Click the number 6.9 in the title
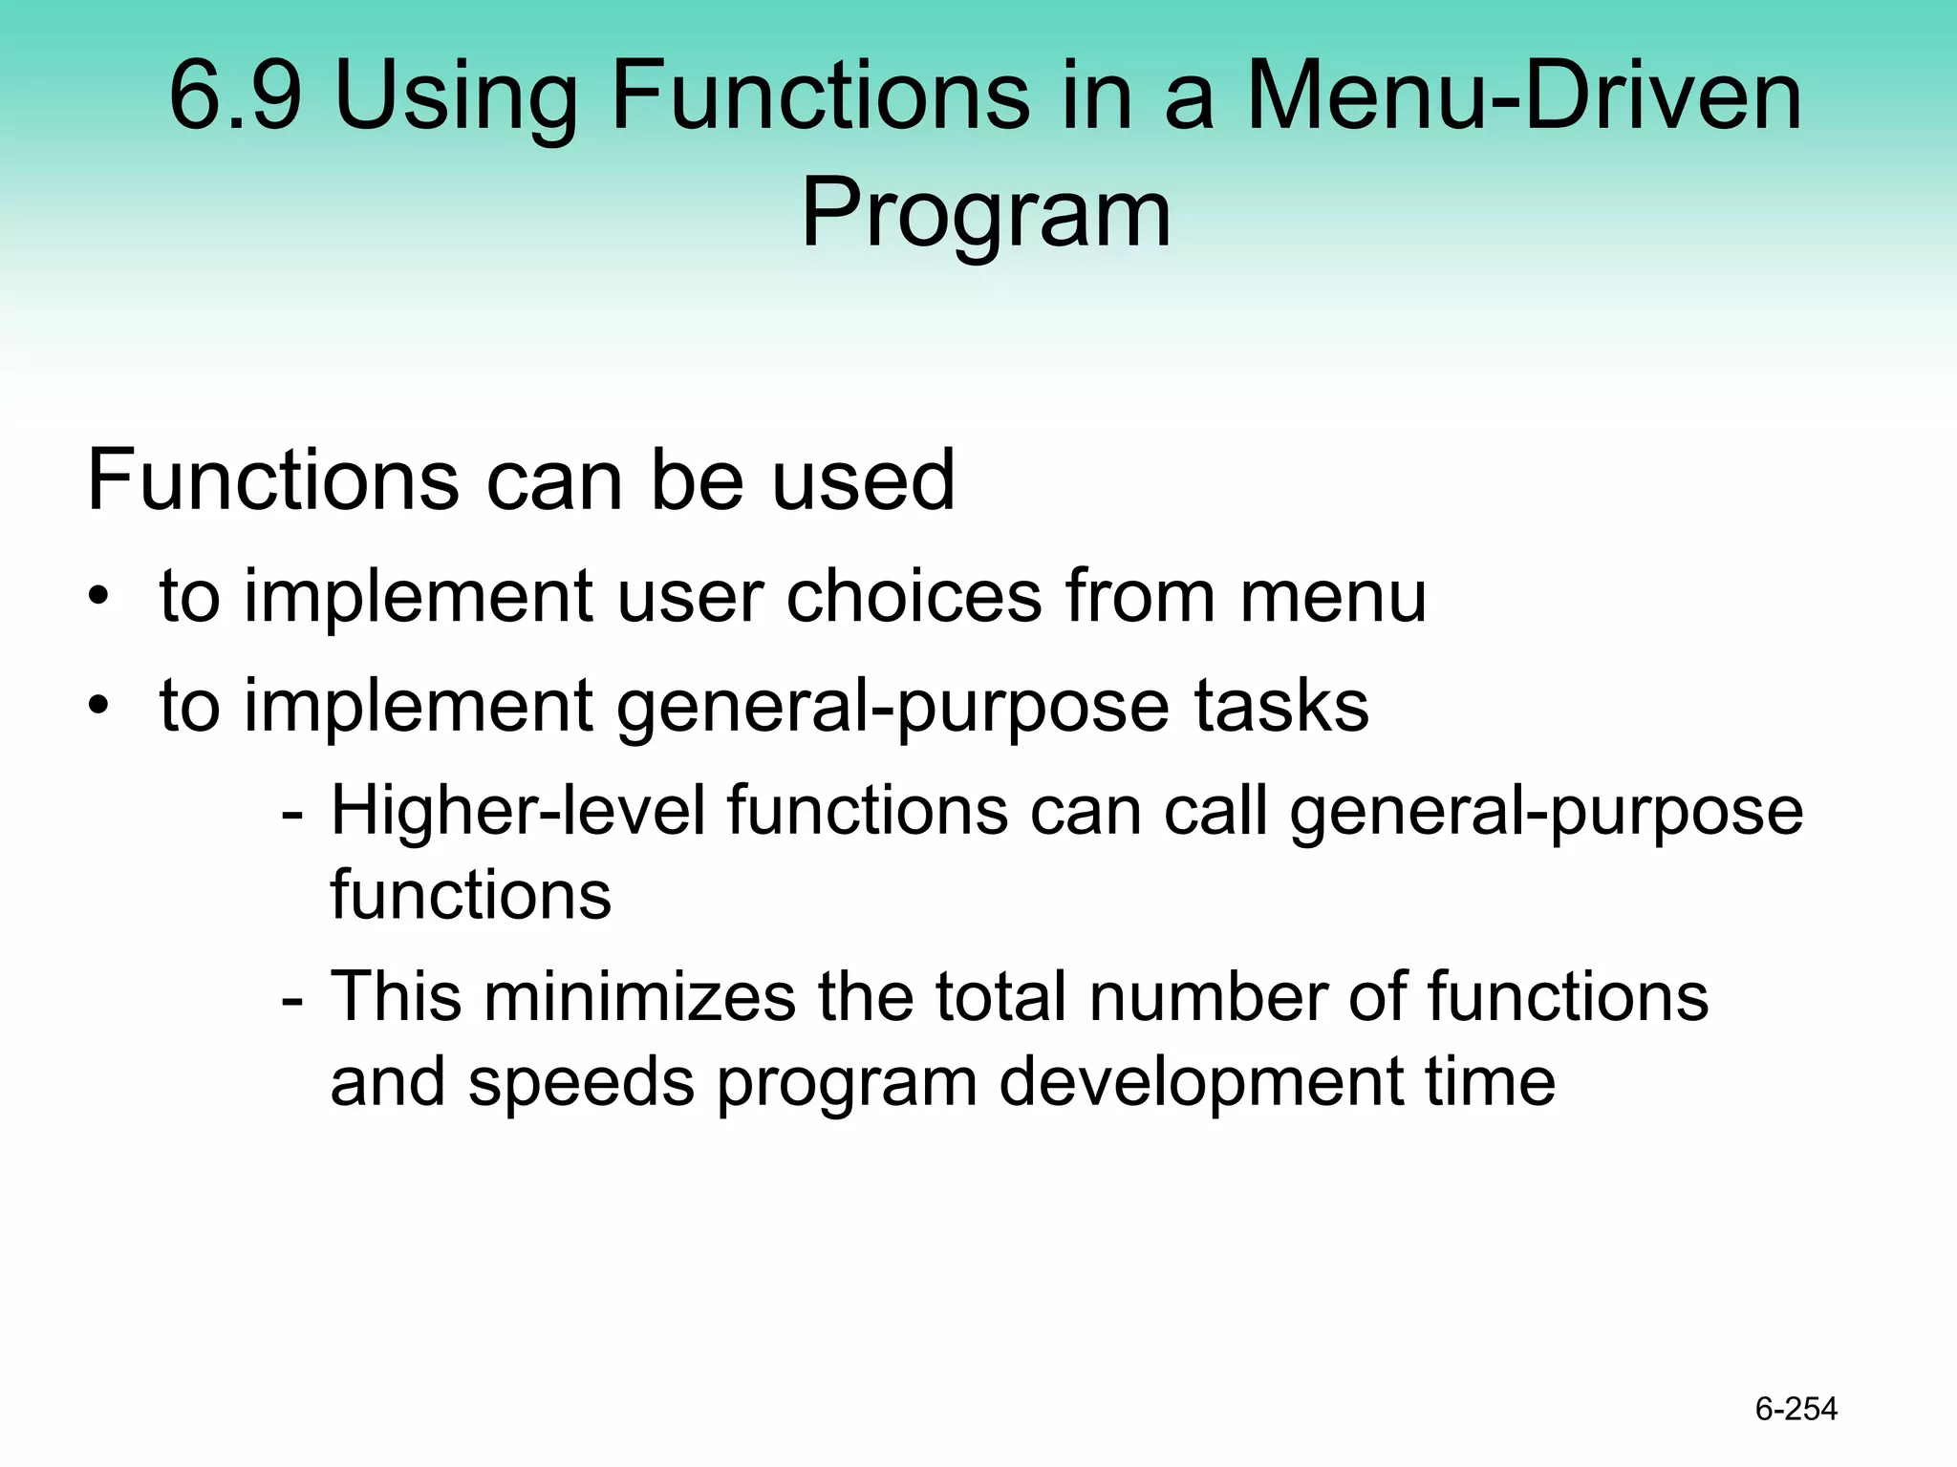tap(235, 96)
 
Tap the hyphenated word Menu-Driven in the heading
tap(1525, 96)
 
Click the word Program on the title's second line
tap(985, 216)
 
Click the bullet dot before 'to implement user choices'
tap(98, 598)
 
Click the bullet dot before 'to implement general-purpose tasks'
tap(98, 707)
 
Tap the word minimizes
tap(639, 997)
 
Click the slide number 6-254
tap(1796, 1409)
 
